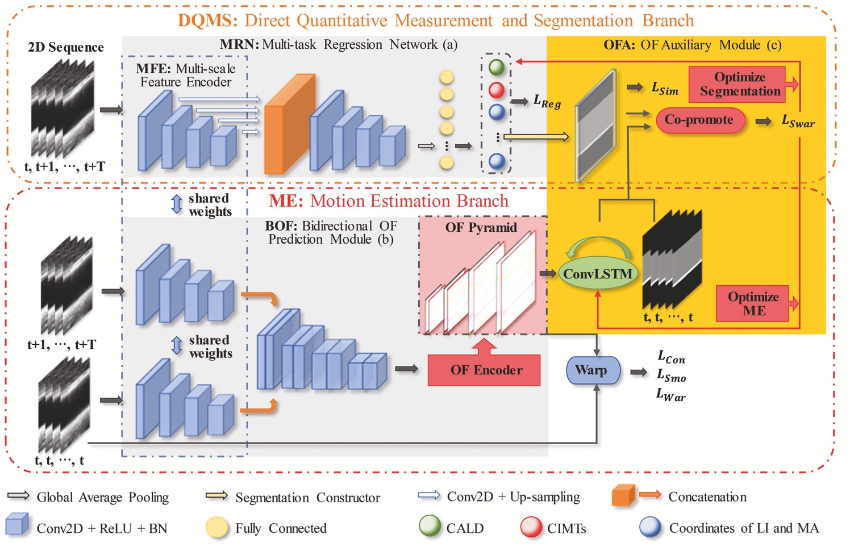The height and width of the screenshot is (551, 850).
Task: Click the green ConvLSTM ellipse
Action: coord(598,274)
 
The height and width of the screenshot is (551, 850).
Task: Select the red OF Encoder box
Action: coord(485,370)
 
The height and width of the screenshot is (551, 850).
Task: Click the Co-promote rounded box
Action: coord(699,120)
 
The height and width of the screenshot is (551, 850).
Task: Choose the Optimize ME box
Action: coord(753,303)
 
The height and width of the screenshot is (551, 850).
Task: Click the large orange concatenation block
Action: coord(289,125)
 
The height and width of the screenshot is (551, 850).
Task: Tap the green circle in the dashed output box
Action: coord(497,68)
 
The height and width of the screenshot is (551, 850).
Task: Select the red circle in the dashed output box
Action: coord(497,90)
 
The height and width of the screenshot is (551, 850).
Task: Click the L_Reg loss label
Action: coord(547,102)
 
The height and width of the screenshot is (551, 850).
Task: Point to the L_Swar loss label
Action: coord(798,121)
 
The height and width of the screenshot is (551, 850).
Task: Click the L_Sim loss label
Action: coord(664,89)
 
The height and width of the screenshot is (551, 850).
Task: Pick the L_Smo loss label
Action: coord(671,376)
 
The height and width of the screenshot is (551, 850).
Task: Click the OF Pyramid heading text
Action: coord(481,228)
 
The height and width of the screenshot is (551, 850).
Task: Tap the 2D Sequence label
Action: coord(66,47)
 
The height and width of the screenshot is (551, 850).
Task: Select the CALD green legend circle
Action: coord(430,527)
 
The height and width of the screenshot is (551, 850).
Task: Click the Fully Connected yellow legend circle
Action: coord(217,528)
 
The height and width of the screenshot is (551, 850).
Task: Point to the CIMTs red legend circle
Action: coord(531,527)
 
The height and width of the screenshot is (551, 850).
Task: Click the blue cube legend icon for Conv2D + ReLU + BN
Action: coord(17,525)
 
